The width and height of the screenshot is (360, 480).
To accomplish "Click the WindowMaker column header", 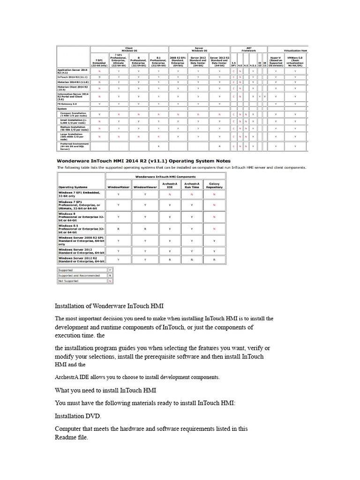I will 119,187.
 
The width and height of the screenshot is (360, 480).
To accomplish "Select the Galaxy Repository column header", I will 214,185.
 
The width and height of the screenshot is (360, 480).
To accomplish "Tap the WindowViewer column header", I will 145,187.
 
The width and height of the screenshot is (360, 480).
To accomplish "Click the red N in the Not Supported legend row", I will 110,281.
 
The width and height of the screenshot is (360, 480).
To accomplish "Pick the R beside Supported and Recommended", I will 110,276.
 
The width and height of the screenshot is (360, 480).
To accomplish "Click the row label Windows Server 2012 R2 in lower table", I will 81,259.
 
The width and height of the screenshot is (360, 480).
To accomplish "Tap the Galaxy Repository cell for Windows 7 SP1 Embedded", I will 214,194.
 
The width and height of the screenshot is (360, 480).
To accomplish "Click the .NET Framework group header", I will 249,49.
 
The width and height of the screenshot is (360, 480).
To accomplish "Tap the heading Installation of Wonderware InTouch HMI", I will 109,306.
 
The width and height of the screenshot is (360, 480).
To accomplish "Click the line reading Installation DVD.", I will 77,415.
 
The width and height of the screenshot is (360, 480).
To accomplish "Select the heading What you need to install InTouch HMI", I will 105,390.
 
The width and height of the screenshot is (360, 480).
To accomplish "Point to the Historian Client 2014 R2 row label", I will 73,88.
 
